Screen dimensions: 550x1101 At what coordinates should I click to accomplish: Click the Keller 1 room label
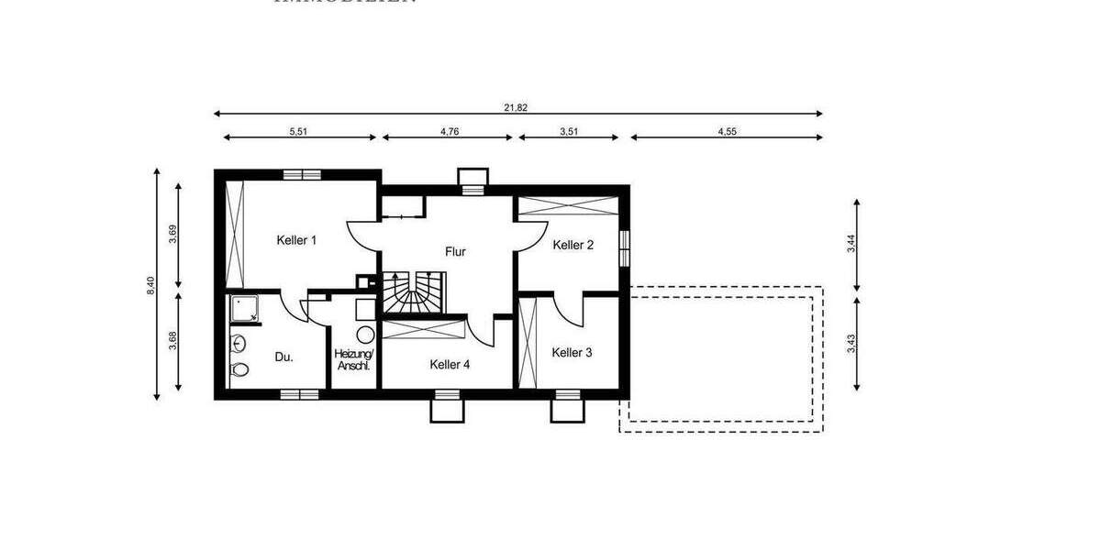[296, 240]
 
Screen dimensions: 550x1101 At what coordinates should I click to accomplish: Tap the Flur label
[455, 251]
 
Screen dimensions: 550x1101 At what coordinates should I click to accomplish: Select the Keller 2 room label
[573, 245]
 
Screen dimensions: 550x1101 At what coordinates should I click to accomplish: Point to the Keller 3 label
[572, 352]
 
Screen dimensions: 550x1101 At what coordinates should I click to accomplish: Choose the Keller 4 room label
[450, 364]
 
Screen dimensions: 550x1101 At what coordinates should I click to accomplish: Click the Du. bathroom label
[284, 357]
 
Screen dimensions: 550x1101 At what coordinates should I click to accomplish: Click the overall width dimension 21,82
[516, 107]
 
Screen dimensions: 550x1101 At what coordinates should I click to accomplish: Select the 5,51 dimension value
[298, 131]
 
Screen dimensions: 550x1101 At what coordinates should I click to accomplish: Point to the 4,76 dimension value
[449, 131]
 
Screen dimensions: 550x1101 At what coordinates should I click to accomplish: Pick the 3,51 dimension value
[569, 131]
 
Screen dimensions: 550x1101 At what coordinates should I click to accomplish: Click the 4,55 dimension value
[727, 131]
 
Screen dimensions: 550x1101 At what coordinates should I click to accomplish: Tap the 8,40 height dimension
[150, 285]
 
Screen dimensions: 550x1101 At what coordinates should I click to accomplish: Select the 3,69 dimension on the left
[172, 235]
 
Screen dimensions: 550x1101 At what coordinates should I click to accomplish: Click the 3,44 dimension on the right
[851, 243]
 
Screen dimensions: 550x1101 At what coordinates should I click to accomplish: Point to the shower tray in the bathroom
[245, 310]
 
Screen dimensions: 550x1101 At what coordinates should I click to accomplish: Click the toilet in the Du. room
[239, 369]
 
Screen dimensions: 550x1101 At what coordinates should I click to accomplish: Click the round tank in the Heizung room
[364, 335]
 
